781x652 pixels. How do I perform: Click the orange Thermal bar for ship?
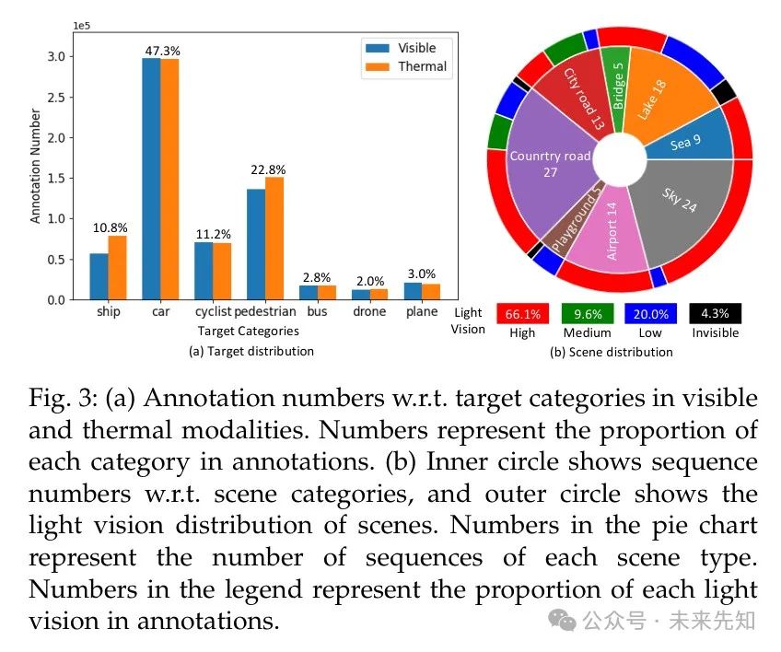pos(117,268)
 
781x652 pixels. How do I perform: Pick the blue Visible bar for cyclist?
pos(204,272)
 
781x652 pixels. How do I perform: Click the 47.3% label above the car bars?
pos(160,49)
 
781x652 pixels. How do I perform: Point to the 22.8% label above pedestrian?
pos(266,169)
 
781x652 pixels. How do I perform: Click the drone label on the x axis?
pos(369,311)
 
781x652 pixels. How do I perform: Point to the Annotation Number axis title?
pos(36,167)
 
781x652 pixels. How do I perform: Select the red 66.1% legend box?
pos(522,313)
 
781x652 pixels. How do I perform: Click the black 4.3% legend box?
pos(715,313)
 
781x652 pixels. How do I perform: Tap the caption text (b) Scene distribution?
pos(611,351)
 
